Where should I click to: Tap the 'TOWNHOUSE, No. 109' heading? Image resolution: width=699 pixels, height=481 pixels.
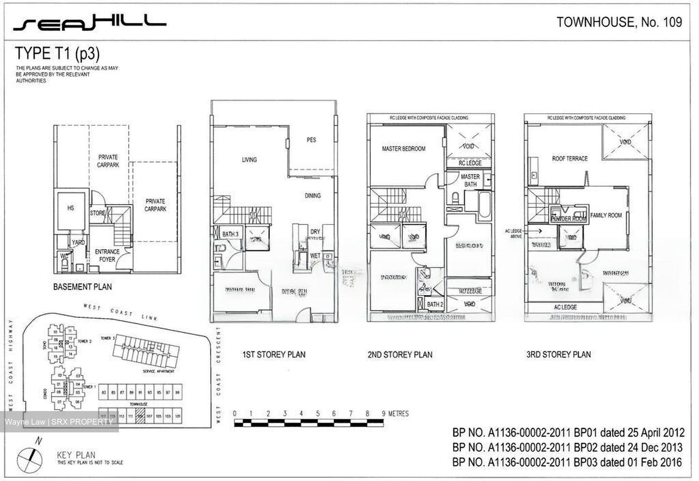tap(619, 22)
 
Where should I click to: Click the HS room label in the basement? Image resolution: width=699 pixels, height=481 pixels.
tap(71, 208)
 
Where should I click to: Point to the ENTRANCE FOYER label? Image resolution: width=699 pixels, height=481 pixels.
tap(107, 255)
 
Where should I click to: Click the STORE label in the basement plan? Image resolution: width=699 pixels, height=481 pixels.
tap(98, 213)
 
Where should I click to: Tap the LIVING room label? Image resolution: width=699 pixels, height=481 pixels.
tap(249, 159)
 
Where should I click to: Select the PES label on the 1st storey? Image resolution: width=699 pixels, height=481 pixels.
tap(311, 140)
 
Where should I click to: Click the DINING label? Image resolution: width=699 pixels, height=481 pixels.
tap(313, 195)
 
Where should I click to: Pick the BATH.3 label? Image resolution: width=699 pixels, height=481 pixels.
tap(231, 234)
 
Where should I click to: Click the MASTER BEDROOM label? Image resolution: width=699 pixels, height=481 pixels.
tap(403, 149)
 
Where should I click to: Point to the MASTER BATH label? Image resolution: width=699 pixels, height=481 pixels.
tap(470, 180)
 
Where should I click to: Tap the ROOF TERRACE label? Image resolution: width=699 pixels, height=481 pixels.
tap(569, 158)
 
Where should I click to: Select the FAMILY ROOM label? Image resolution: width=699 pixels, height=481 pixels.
tap(606, 215)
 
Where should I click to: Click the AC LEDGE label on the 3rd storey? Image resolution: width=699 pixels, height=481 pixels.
tap(565, 307)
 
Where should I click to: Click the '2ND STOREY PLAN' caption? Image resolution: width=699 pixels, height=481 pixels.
tap(399, 355)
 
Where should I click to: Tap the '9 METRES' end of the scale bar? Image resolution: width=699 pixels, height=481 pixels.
tap(396, 414)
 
